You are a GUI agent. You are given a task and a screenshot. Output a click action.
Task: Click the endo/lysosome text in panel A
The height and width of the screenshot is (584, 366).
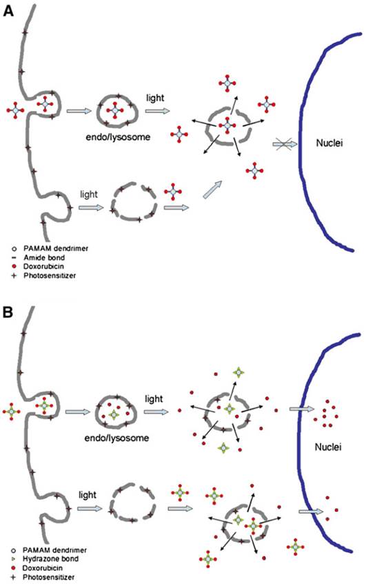click(x=132, y=137)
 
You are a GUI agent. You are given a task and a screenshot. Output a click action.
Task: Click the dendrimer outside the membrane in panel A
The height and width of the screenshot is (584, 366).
click(x=16, y=110)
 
